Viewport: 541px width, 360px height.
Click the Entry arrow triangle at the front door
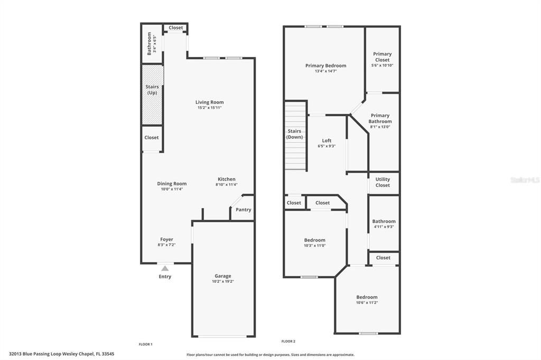(165, 268)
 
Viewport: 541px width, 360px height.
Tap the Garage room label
(223, 276)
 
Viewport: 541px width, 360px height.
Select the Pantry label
(243, 210)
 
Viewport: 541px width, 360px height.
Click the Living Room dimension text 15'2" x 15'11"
(209, 108)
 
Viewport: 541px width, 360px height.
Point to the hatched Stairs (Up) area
(152, 95)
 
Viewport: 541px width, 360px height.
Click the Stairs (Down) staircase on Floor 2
(295, 135)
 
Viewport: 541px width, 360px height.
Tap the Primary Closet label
(383, 57)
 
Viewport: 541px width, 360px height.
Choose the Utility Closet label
(383, 182)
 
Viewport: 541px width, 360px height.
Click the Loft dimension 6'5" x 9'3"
(327, 146)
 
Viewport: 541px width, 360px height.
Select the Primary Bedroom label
(325, 65)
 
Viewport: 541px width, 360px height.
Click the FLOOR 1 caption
(146, 344)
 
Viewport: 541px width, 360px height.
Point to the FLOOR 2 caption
(288, 342)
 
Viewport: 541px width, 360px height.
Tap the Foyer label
(166, 239)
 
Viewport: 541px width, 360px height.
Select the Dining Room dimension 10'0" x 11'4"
(172, 189)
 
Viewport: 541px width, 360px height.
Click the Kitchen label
(227, 179)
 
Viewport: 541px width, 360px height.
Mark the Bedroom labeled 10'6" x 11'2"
(367, 297)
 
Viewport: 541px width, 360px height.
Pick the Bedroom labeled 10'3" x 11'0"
(315, 240)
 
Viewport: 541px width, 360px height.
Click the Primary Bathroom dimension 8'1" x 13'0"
(380, 127)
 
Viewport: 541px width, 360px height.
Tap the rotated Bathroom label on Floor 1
(150, 43)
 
